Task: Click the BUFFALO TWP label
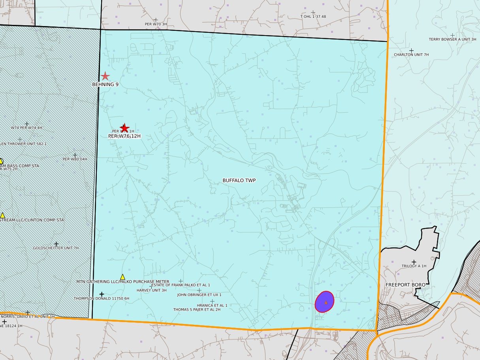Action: (x=239, y=181)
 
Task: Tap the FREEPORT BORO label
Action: (x=405, y=285)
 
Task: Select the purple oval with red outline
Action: (x=325, y=302)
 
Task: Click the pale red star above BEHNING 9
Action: (x=105, y=76)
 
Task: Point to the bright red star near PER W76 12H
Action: (x=124, y=128)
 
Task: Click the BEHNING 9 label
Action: (x=105, y=85)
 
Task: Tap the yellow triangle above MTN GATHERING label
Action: (x=122, y=277)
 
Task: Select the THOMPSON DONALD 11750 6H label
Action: (x=102, y=299)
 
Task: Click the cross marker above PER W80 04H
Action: (x=75, y=155)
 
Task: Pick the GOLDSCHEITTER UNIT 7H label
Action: (x=56, y=248)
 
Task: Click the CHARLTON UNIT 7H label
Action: (x=411, y=55)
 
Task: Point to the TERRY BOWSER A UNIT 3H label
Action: (x=452, y=40)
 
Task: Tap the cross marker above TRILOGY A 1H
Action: (x=414, y=262)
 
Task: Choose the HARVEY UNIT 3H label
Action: (x=152, y=290)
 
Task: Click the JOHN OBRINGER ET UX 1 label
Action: (x=199, y=295)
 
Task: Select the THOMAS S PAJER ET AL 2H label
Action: (x=197, y=310)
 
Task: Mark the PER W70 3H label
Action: (x=156, y=24)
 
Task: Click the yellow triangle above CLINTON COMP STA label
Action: (x=2, y=215)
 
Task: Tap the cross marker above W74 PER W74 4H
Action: (x=27, y=124)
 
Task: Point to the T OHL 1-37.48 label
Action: (x=313, y=17)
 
